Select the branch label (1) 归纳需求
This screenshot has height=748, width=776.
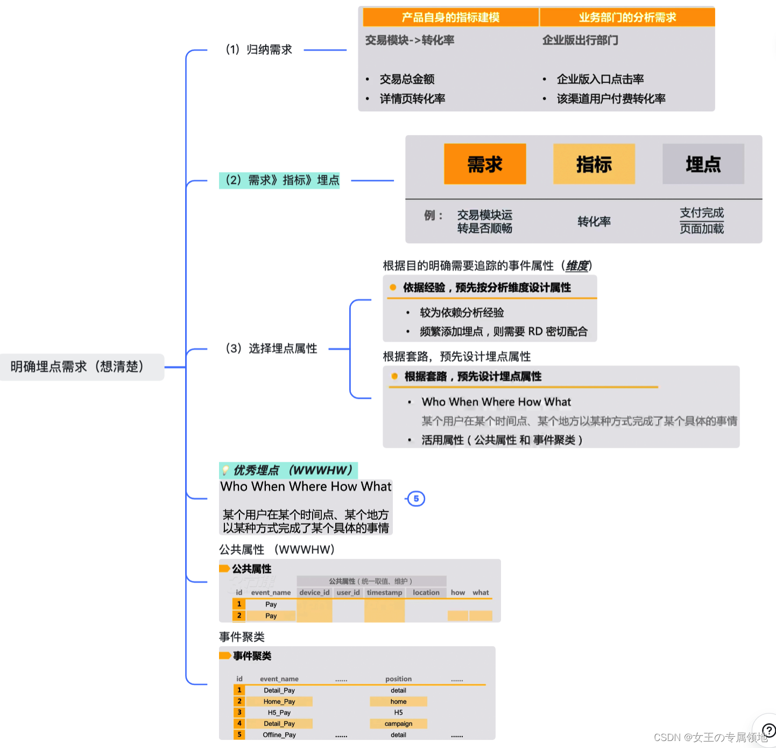click(258, 50)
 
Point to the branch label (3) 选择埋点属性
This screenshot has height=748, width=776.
click(271, 349)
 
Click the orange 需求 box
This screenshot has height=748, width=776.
click(485, 164)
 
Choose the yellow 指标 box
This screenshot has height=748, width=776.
click(594, 164)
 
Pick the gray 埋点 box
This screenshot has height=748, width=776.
click(703, 164)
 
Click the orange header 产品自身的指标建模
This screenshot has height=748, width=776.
click(450, 17)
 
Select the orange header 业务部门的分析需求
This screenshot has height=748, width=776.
click(627, 17)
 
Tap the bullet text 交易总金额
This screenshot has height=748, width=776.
click(407, 79)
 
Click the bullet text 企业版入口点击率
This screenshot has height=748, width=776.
click(600, 79)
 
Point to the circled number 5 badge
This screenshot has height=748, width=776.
click(416, 499)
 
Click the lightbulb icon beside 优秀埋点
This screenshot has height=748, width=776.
click(226, 470)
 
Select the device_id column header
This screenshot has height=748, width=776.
click(314, 592)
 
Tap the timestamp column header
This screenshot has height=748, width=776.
click(384, 592)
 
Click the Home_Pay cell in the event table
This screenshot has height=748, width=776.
click(279, 702)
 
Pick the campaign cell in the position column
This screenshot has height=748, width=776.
click(398, 724)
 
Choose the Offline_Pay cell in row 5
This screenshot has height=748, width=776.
click(279, 735)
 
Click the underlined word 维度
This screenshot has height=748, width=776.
click(577, 266)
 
